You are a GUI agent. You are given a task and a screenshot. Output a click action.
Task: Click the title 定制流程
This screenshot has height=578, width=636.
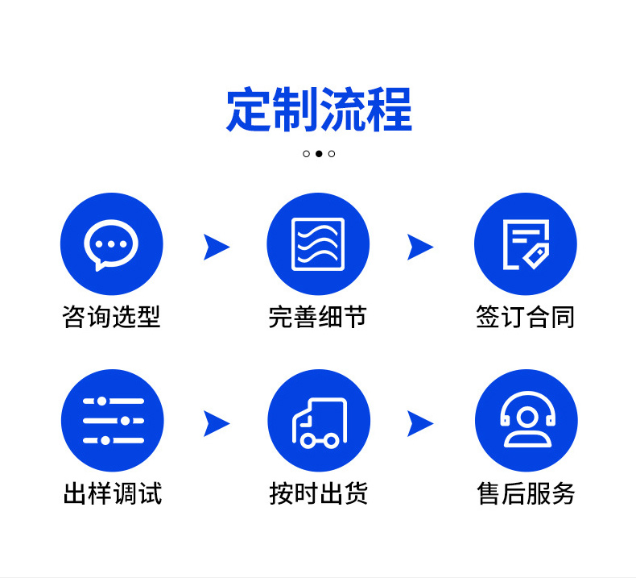pyautogui.click(x=319, y=110)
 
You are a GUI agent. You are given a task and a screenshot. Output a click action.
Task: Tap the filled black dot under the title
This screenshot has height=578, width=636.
pyautogui.click(x=319, y=153)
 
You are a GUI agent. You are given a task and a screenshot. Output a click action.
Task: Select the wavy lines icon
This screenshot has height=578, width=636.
pyautogui.click(x=318, y=244)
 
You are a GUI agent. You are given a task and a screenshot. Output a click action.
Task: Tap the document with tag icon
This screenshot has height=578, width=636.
pyautogui.click(x=526, y=244)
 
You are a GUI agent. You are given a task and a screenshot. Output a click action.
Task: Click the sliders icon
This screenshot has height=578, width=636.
pyautogui.click(x=114, y=421)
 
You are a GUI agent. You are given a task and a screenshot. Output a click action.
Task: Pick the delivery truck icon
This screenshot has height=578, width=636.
pyautogui.click(x=320, y=423)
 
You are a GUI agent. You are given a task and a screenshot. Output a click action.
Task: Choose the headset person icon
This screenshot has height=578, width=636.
pyautogui.click(x=527, y=419)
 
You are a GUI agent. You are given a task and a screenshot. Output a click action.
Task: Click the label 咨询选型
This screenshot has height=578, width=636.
pyautogui.click(x=112, y=317)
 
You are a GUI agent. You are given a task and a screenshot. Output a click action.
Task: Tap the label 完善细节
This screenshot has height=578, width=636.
pyautogui.click(x=318, y=317)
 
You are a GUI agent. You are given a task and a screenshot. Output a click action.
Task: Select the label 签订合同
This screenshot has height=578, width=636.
pyautogui.click(x=526, y=317)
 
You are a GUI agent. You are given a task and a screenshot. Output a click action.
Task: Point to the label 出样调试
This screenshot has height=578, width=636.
pyautogui.click(x=113, y=493)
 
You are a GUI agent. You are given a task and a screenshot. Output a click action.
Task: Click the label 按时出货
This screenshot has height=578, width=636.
pyautogui.click(x=319, y=493)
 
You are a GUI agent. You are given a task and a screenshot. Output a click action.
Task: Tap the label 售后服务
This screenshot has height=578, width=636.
pyautogui.click(x=526, y=493)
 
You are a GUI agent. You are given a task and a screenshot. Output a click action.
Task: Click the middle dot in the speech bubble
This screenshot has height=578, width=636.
pyautogui.click(x=111, y=244)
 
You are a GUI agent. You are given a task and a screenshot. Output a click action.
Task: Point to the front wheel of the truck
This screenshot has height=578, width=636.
pyautogui.click(x=308, y=441)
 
